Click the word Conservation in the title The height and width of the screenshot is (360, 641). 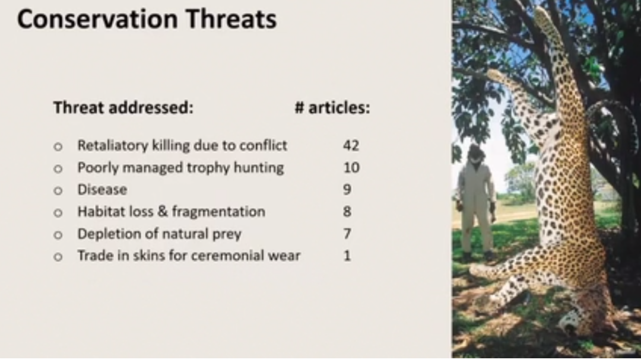pos(97,19)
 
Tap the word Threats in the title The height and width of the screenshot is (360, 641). pos(230,19)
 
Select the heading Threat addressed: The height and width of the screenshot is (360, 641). pos(123,108)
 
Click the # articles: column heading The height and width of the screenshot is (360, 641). pos(332,108)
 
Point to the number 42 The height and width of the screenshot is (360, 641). pos(351,145)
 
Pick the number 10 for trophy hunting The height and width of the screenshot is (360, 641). pos(351,167)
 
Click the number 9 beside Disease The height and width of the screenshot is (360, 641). pos(347,190)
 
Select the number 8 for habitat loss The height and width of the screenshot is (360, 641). pos(347,212)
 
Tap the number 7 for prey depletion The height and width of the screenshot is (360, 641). pos(347,234)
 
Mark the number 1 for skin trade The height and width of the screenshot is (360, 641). pos(347,256)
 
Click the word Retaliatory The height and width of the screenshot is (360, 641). pos(113,146)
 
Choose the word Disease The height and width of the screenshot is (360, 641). pos(102,190)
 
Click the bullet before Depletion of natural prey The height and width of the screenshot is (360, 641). pos(58,235)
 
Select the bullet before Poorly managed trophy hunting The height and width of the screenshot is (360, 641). pos(58,169)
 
